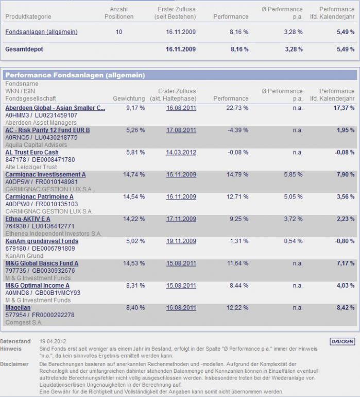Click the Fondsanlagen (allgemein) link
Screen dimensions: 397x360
click(x=41, y=32)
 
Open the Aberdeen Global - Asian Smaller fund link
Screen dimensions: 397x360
click(x=55, y=108)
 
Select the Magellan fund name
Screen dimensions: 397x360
click(x=18, y=308)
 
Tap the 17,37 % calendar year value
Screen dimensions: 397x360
click(x=344, y=108)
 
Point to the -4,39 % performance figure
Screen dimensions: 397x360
click(x=238, y=130)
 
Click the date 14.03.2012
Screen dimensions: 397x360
click(x=181, y=153)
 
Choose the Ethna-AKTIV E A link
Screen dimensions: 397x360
click(x=28, y=219)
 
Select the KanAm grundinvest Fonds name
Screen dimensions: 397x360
click(x=42, y=241)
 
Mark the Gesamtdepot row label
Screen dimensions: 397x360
click(x=24, y=49)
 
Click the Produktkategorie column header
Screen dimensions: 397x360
click(x=28, y=17)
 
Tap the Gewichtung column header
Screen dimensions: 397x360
click(x=129, y=98)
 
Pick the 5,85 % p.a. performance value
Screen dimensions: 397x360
click(x=293, y=175)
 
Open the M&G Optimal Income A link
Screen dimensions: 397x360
click(x=37, y=286)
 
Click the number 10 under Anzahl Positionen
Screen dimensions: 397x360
click(x=119, y=32)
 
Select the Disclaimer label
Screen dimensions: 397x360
click(x=14, y=364)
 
